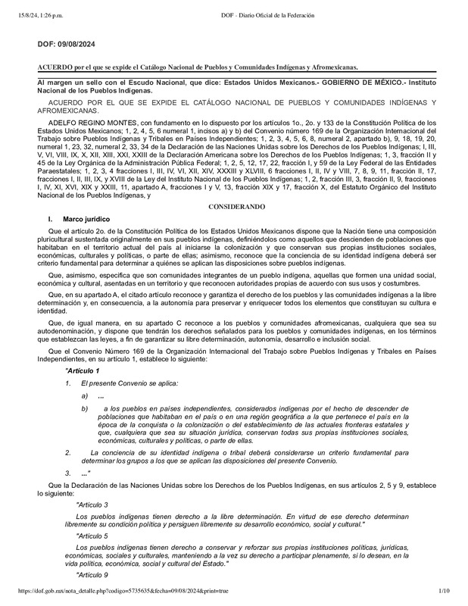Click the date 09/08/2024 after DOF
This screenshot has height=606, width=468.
[76, 45]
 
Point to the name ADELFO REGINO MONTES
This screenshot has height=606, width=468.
[85, 122]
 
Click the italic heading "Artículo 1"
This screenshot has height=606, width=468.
[82, 370]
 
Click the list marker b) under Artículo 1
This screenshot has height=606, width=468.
[84, 409]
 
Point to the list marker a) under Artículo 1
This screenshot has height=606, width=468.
[84, 396]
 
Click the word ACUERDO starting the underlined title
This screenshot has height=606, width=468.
[55, 67]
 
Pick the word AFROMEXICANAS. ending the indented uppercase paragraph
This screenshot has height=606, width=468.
[62, 111]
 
